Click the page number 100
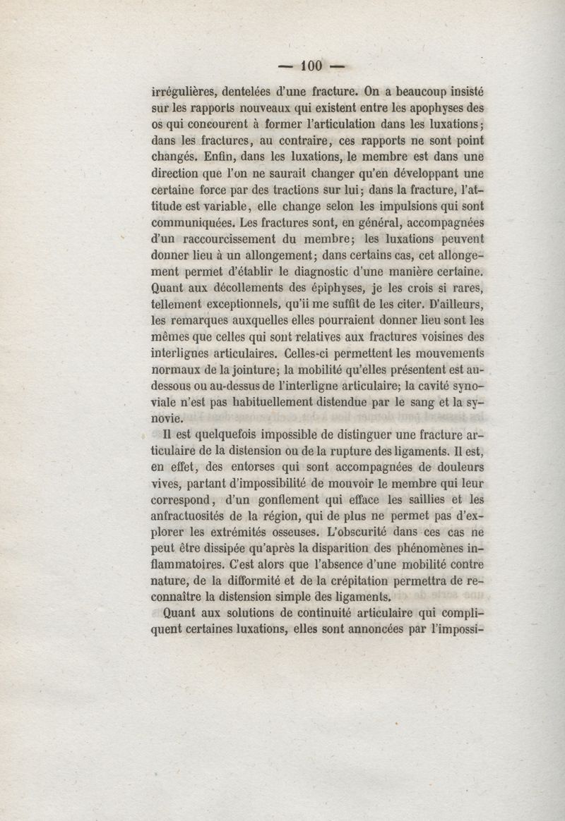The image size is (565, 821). point(311,66)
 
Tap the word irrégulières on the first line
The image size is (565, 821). point(184,90)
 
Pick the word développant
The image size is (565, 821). point(412,173)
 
